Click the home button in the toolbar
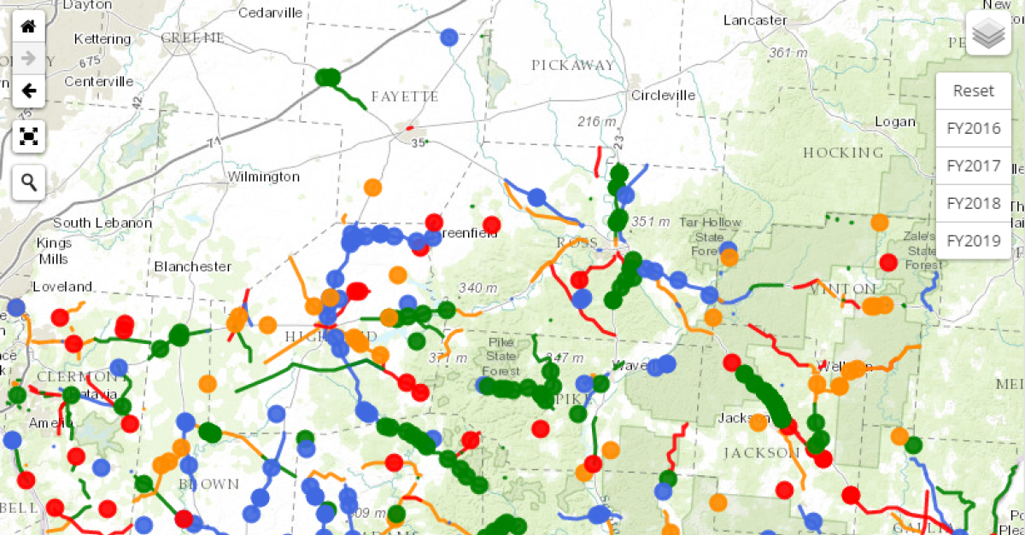pos(28,26)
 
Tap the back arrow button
pos(28,90)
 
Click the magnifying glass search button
pos(28,182)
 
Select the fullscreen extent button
pos(28,136)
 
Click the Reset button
pos(974,91)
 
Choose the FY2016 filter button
pos(974,129)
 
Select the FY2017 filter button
pos(974,166)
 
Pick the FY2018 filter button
pos(974,204)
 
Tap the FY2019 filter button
pos(974,241)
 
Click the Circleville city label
pos(663,95)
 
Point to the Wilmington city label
pos(263,177)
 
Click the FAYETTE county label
pos(405,96)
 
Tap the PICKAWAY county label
pos(572,65)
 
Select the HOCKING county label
pos(843,153)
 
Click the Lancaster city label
pos(755,20)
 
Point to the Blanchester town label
pos(192,266)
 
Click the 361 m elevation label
pos(788,53)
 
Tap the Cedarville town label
pos(270,12)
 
